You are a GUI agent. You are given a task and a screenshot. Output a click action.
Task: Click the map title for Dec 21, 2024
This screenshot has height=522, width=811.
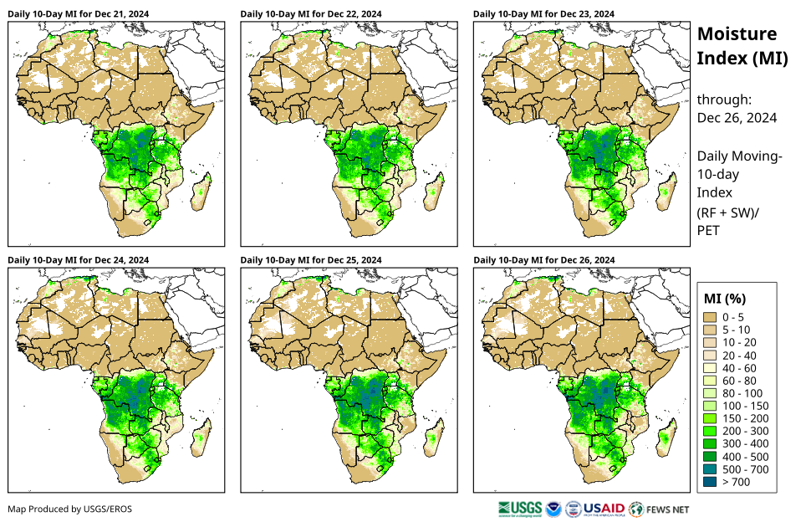(x=79, y=13)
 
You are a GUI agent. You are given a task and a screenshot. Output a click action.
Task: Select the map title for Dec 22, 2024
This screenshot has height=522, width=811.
(x=311, y=13)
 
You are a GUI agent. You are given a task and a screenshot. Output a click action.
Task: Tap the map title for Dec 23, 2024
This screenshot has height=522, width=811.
(x=543, y=13)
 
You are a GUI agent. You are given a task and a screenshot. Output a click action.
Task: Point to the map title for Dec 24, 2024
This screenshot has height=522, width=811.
(x=79, y=260)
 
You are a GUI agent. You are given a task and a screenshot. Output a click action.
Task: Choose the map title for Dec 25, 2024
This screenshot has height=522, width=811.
(x=311, y=260)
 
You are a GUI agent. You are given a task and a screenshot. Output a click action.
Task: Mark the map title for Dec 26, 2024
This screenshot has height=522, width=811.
(x=543, y=260)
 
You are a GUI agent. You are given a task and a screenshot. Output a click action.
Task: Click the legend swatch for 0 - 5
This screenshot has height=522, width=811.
(x=712, y=317)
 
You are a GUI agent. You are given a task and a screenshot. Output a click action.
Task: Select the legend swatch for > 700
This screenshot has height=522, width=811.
(x=712, y=482)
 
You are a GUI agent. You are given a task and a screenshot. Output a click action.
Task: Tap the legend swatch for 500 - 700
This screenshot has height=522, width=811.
(x=712, y=469)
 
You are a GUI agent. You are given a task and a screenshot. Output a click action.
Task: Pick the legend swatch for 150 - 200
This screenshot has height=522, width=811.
(x=712, y=418)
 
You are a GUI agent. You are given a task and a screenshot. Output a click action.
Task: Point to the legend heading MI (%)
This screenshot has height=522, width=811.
(x=725, y=298)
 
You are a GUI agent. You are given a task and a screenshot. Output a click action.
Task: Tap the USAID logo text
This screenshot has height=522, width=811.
(x=604, y=509)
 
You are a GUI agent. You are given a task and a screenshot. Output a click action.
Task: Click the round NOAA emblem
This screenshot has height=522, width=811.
(x=553, y=509)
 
